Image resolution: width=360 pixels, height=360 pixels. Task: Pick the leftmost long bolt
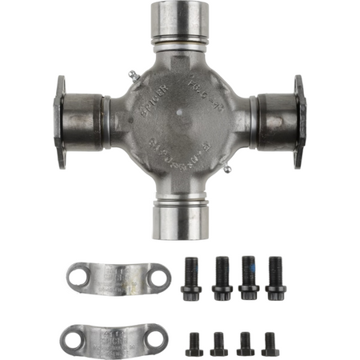click(x=192, y=277)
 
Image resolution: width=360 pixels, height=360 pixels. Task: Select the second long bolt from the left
click(x=221, y=277)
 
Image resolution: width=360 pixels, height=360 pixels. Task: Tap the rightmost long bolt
click(x=275, y=277)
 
